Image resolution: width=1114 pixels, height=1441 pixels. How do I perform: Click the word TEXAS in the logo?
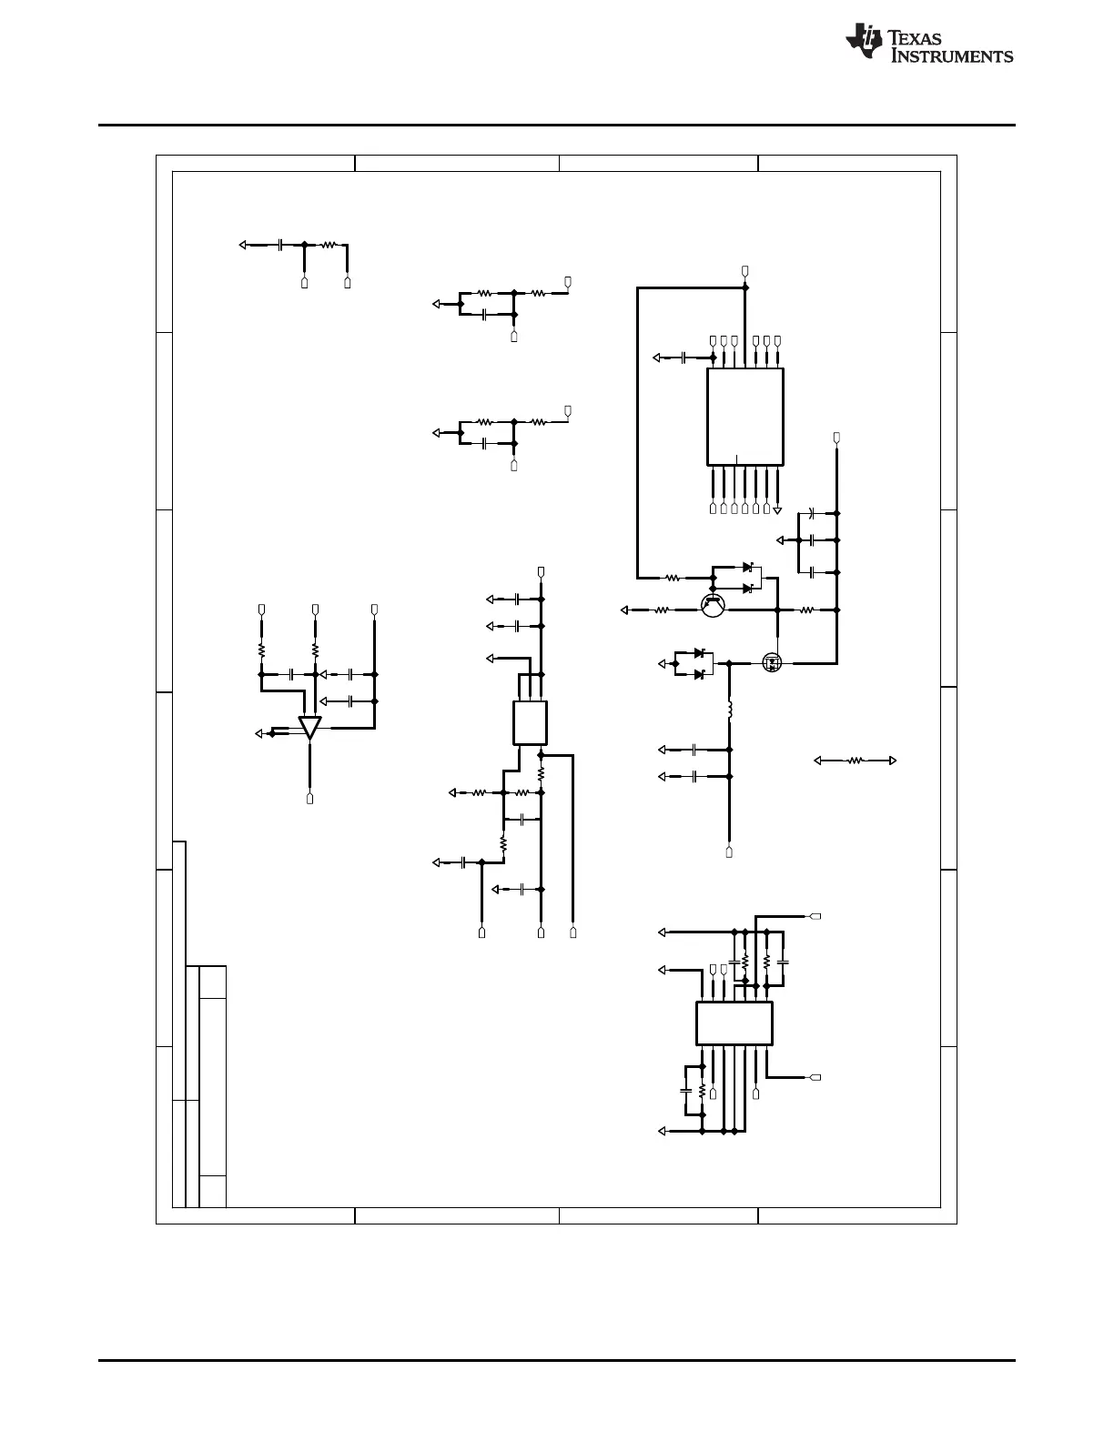point(915,38)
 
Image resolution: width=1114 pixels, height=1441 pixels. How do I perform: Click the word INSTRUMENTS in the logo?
point(951,55)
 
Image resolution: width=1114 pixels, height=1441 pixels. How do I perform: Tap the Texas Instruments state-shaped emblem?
point(864,41)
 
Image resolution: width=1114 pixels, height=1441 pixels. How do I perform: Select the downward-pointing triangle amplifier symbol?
point(309,728)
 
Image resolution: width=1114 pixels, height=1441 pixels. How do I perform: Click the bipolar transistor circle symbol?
point(713,605)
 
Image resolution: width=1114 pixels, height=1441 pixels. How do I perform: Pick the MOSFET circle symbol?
point(772,662)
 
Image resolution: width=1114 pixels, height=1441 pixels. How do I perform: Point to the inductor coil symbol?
point(730,710)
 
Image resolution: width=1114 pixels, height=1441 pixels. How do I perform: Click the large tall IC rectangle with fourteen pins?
point(745,417)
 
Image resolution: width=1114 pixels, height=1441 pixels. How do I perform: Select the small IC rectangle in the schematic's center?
point(530,723)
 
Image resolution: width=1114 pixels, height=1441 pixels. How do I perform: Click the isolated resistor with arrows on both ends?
point(856,761)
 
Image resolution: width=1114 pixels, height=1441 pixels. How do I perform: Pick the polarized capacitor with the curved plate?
point(812,513)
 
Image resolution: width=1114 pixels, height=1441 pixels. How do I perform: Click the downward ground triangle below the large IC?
point(777,510)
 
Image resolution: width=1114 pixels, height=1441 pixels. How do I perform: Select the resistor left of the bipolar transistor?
point(662,610)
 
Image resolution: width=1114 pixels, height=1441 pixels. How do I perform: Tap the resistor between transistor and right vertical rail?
point(806,610)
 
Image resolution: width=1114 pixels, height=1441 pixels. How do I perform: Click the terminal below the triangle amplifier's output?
point(309,799)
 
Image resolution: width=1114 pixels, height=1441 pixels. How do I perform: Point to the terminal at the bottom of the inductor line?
point(729,852)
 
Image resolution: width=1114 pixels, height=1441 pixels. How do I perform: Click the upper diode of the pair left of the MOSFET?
point(699,653)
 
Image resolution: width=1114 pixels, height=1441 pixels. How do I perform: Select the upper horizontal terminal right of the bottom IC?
point(815,916)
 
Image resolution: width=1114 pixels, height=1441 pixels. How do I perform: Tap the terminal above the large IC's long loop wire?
point(745,271)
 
